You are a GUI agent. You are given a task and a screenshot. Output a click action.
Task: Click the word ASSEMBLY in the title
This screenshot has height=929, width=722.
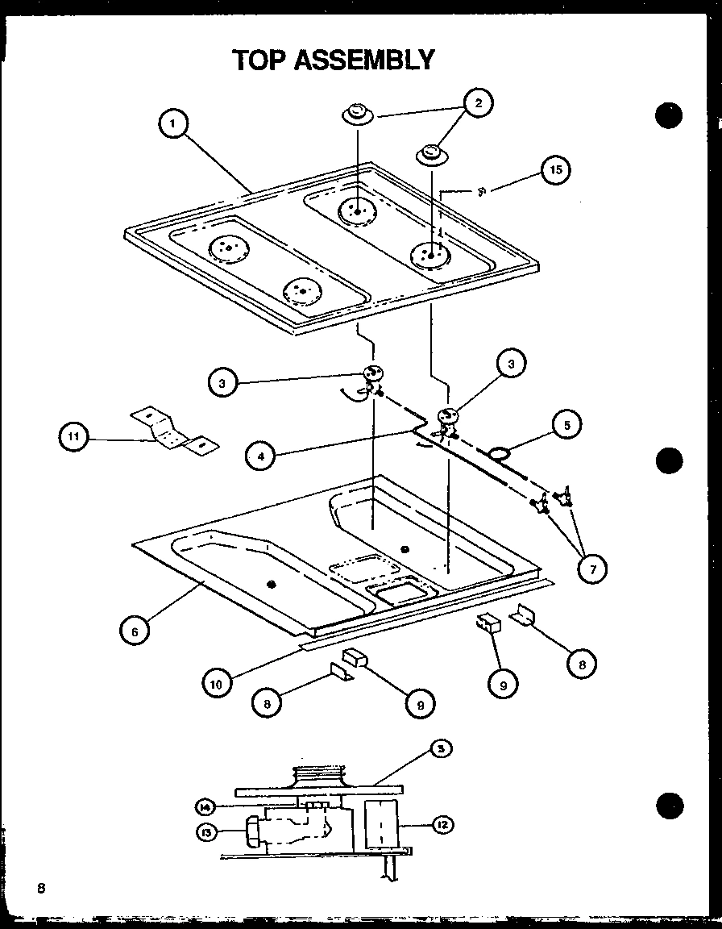tap(365, 60)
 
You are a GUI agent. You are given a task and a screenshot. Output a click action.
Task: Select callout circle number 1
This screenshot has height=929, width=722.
tap(173, 124)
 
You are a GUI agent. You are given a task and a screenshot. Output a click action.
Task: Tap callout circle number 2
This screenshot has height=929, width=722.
tap(478, 102)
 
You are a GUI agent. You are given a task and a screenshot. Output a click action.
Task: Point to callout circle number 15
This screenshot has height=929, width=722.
tap(555, 169)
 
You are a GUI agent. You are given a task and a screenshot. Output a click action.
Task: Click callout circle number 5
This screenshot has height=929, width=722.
tap(567, 423)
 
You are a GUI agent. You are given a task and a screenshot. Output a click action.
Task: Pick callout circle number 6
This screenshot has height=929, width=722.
tap(135, 631)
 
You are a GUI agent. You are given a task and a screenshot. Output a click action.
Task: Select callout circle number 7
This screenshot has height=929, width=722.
tap(592, 569)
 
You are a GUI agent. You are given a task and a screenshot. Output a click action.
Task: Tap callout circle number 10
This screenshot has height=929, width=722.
tap(217, 685)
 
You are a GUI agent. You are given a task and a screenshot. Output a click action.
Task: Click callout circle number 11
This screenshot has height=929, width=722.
tap(74, 439)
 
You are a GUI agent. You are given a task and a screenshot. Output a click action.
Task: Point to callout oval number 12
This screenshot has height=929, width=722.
tap(443, 825)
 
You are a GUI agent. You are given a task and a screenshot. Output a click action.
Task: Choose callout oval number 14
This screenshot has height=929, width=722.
tap(205, 805)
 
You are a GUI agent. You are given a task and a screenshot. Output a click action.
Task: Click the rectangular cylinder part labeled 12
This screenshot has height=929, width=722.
tap(381, 824)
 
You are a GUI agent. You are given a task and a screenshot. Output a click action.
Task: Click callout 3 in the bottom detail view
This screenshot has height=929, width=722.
tap(440, 750)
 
